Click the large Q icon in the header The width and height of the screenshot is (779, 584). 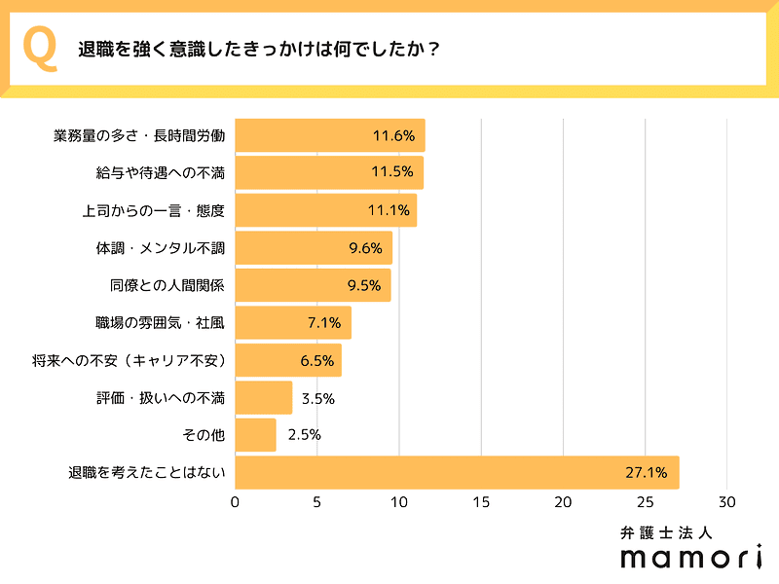39,51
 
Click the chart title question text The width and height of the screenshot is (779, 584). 258,51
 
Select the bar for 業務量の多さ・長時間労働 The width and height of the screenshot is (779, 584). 329,136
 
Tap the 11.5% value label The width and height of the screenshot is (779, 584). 393,173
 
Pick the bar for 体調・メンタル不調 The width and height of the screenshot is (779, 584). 313,248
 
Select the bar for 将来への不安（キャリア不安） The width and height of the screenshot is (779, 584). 287,360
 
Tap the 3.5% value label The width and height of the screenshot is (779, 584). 317,398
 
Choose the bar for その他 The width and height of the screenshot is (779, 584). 255,435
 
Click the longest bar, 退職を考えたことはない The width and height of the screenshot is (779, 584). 457,473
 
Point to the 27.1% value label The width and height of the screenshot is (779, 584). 646,473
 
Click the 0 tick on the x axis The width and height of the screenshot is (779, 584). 235,502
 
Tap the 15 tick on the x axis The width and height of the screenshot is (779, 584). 481,502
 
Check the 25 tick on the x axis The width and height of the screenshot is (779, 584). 645,502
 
